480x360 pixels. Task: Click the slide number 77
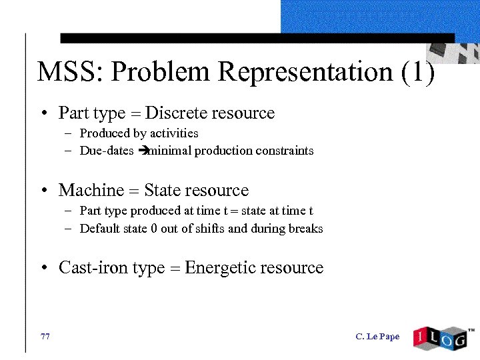[x=45, y=337]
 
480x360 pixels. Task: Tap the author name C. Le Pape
[x=377, y=337]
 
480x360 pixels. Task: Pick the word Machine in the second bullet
[x=91, y=191]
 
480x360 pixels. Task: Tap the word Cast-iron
[x=93, y=268]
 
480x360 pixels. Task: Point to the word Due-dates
[x=107, y=151]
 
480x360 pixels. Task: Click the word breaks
[x=306, y=229]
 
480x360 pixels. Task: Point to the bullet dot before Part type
[x=43, y=114]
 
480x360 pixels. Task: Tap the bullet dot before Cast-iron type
[x=43, y=269]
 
